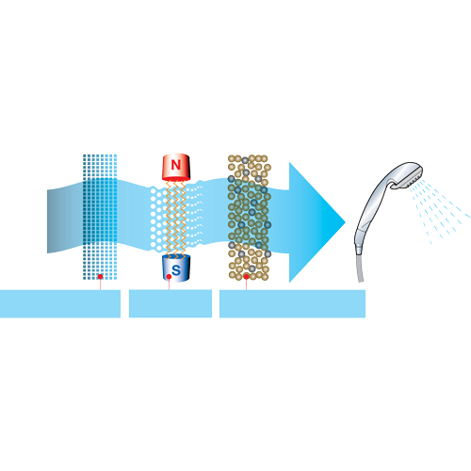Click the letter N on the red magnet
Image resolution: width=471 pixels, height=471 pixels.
point(176,165)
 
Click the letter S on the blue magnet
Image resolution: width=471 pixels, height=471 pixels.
point(176,269)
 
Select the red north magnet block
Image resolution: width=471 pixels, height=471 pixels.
point(176,168)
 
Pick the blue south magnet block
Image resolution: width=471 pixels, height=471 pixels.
point(176,268)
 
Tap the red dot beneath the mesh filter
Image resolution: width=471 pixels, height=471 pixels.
point(100,277)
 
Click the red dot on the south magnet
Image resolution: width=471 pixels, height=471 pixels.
point(169,277)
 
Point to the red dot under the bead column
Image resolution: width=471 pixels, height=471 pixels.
point(247,277)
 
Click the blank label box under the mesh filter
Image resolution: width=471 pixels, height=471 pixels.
point(60,303)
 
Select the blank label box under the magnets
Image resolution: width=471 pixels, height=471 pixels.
point(171,303)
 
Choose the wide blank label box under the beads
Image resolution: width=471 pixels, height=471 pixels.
point(292,303)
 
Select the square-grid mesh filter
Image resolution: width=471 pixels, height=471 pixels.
point(100,217)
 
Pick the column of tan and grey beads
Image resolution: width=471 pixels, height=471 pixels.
point(250,218)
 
